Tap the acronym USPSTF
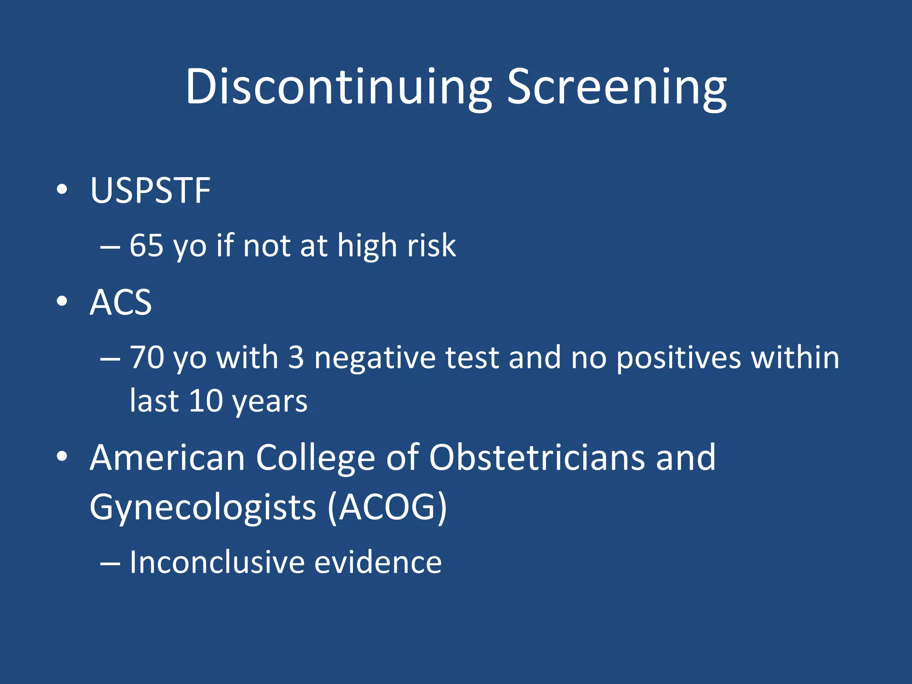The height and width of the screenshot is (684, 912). pyautogui.click(x=150, y=191)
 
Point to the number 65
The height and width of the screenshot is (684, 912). pyautogui.click(x=146, y=245)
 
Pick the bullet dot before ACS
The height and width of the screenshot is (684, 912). pyautogui.click(x=62, y=301)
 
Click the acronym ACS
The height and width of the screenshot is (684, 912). pyautogui.click(x=121, y=302)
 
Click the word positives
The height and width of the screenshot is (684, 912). pyautogui.click(x=678, y=358)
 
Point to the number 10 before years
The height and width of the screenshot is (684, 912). pyautogui.click(x=206, y=401)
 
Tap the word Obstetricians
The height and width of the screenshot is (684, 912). pyautogui.click(x=537, y=457)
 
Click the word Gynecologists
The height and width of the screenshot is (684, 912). pyautogui.click(x=203, y=508)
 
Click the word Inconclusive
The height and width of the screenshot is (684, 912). pyautogui.click(x=217, y=562)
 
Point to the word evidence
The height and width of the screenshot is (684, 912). pyautogui.click(x=378, y=562)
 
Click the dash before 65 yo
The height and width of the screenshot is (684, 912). pyautogui.click(x=110, y=246)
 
